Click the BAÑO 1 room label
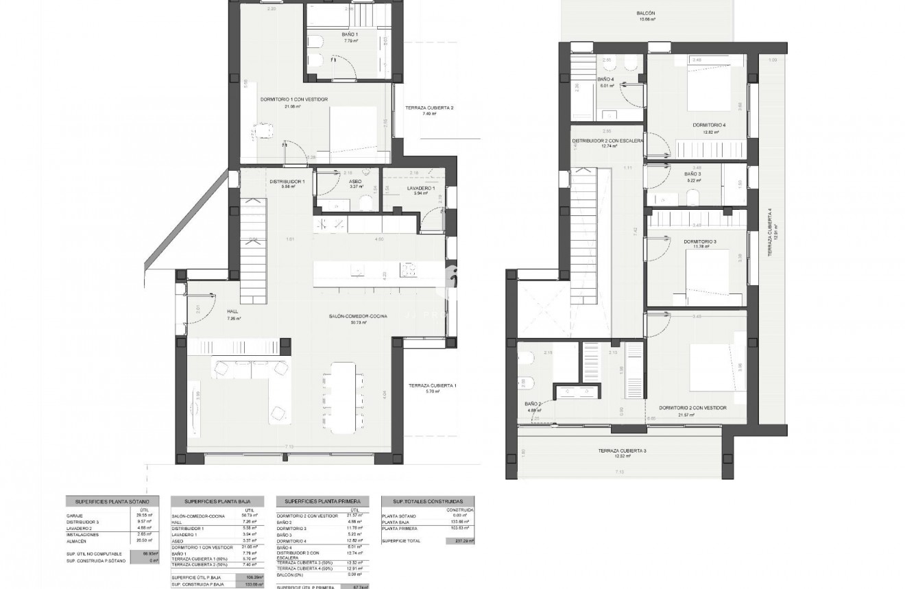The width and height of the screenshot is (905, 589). (x=350, y=34)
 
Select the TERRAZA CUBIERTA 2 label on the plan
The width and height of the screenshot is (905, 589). (x=429, y=108)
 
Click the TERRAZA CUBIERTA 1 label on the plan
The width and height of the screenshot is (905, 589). (x=432, y=386)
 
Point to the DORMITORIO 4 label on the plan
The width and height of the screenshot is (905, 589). (x=709, y=125)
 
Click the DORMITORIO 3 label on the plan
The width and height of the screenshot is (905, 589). (x=700, y=242)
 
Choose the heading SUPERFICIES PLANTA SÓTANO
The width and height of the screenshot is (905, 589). (x=112, y=502)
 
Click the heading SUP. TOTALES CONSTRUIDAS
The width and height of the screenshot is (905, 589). (x=428, y=502)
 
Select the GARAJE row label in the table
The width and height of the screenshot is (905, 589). (x=75, y=516)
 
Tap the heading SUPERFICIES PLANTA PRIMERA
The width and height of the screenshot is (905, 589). (x=322, y=502)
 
